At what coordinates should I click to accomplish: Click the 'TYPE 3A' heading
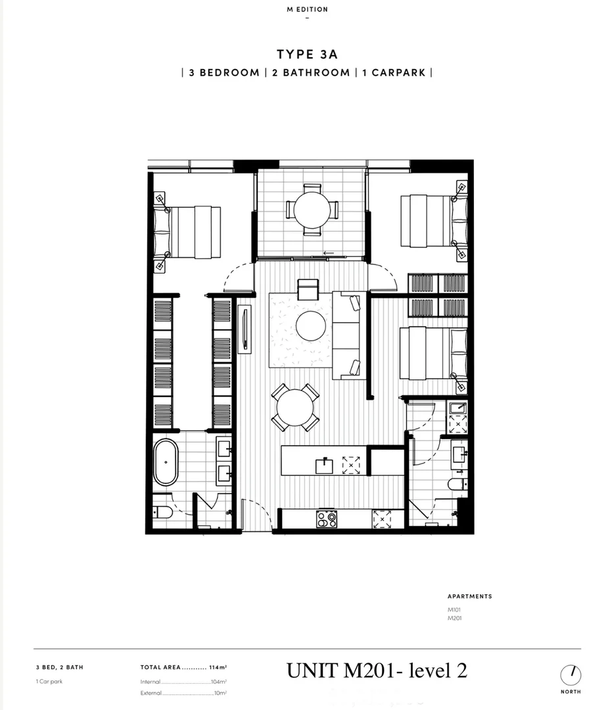[307, 55]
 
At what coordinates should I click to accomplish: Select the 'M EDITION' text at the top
[307, 9]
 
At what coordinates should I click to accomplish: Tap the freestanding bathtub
[166, 462]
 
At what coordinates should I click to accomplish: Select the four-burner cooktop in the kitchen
[327, 519]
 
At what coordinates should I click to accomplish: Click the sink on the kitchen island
[325, 466]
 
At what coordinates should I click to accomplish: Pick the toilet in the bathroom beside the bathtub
[162, 512]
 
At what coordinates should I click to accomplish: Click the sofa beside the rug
[346, 335]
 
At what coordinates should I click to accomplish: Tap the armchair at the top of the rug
[308, 289]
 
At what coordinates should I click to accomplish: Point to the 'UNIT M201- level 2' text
[377, 671]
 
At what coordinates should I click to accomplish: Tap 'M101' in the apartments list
[454, 610]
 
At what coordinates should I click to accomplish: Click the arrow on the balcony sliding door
[329, 252]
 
